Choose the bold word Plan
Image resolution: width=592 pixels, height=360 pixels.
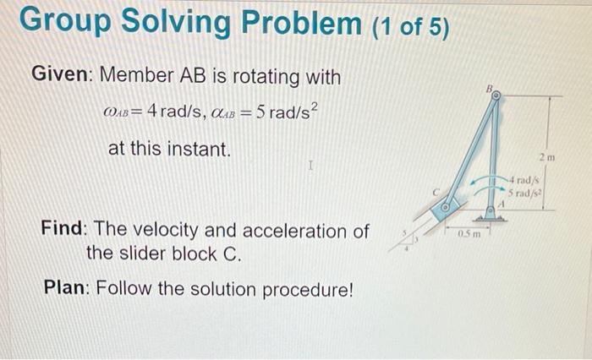coord(66,288)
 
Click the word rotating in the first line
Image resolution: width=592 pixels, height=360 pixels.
coord(261,77)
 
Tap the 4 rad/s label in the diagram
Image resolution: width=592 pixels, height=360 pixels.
coord(524,180)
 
